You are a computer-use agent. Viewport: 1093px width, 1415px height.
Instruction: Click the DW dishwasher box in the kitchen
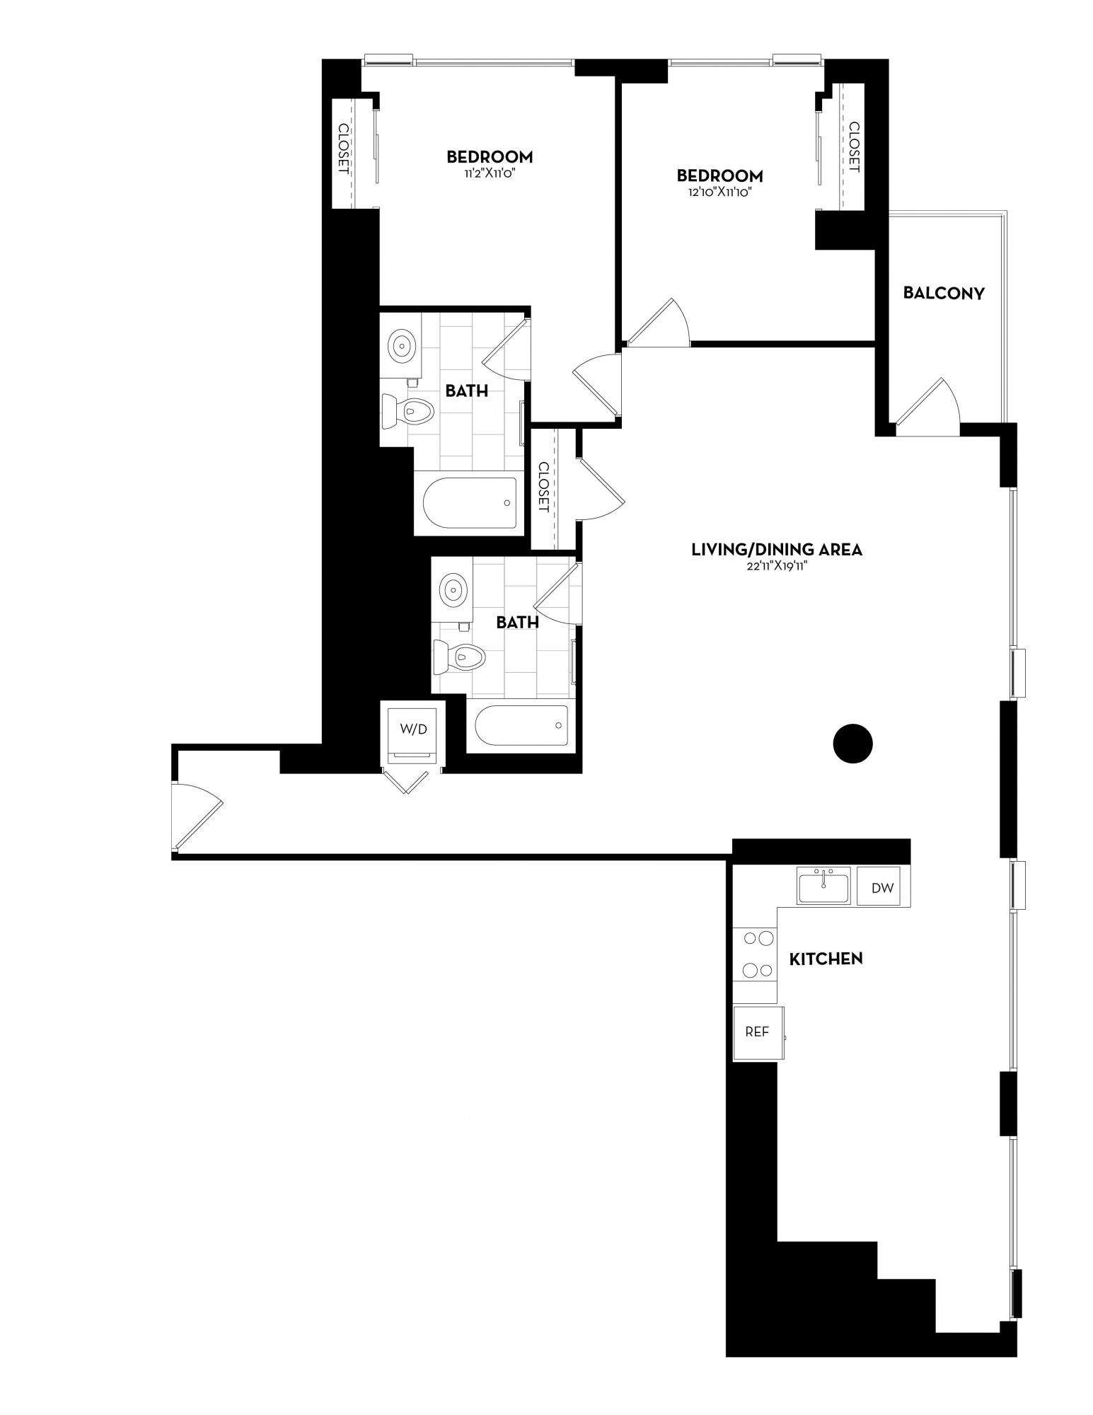click(x=882, y=886)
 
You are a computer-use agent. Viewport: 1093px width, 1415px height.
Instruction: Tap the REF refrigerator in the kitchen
click(x=758, y=1032)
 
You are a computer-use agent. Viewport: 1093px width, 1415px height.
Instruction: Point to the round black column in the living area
click(x=852, y=744)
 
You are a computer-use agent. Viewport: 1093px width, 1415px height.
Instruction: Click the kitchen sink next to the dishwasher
click(x=824, y=886)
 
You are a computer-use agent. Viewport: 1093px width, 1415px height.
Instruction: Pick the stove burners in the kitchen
click(x=756, y=954)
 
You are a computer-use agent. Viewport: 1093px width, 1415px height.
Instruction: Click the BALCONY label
click(x=944, y=294)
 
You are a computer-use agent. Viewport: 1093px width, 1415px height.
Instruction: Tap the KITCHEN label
click(x=826, y=959)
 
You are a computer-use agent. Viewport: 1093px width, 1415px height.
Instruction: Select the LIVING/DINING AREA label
click(x=777, y=549)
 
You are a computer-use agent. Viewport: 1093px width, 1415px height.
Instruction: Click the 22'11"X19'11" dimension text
click(x=777, y=567)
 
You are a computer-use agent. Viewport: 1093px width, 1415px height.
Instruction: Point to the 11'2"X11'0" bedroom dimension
click(x=490, y=173)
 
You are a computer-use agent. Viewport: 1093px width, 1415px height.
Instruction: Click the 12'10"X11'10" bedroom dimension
click(x=720, y=192)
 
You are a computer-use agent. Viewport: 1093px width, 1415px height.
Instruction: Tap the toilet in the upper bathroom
click(x=406, y=411)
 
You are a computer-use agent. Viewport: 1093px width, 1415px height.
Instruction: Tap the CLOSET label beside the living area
click(x=543, y=487)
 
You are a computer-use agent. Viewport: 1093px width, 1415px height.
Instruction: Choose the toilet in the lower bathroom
click(x=459, y=656)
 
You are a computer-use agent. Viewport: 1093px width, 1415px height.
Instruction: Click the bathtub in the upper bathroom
click(x=470, y=502)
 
